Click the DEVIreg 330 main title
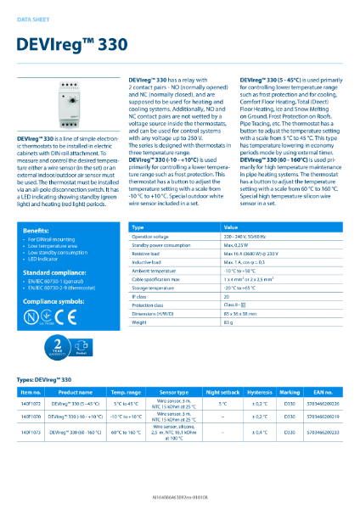(70, 42)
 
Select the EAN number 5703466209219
(321, 418)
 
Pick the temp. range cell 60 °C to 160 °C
(127, 433)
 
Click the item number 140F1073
(31, 433)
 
